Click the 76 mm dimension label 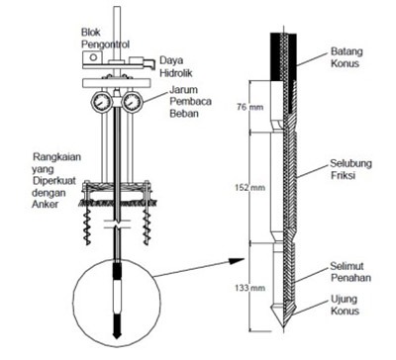pos(250,107)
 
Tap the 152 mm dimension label pos(249,188)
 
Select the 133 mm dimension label pos(249,288)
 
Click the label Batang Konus pos(346,57)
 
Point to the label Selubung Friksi pos(350,169)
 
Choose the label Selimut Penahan pos(350,272)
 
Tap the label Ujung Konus pos(345,305)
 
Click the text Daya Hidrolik pos(176,66)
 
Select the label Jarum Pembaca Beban pos(190,102)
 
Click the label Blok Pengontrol pos(105,39)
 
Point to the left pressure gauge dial pos(99,102)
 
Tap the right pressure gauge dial pos(132,102)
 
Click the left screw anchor pos(87,225)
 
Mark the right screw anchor pos(146,225)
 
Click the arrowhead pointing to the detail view pos(237,261)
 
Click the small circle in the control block pos(93,57)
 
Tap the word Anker pos(45,205)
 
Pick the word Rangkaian pos(56,157)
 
